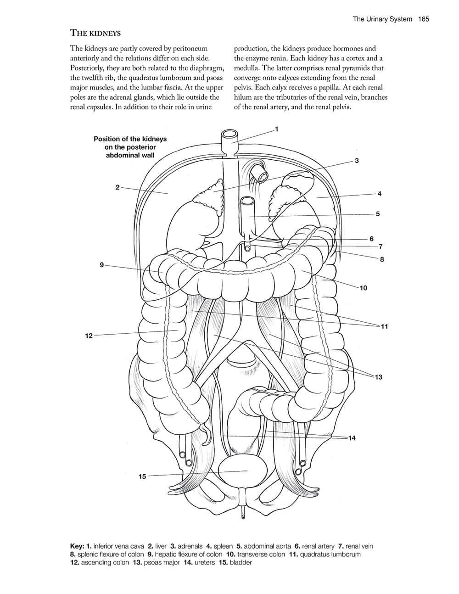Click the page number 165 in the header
click(x=423, y=19)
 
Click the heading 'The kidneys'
click(x=95, y=33)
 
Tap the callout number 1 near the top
click(x=276, y=129)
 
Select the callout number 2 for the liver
click(x=118, y=187)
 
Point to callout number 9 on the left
click(x=101, y=265)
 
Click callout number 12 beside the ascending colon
click(x=89, y=336)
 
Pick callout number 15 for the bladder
click(x=142, y=476)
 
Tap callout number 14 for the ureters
click(x=352, y=438)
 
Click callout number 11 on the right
click(x=384, y=326)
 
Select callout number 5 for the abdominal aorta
click(x=378, y=214)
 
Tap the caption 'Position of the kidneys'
click(x=130, y=139)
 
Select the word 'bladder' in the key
click(x=241, y=562)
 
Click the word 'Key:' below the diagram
click(x=77, y=546)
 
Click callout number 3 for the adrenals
click(x=357, y=161)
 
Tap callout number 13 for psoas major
click(x=378, y=377)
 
